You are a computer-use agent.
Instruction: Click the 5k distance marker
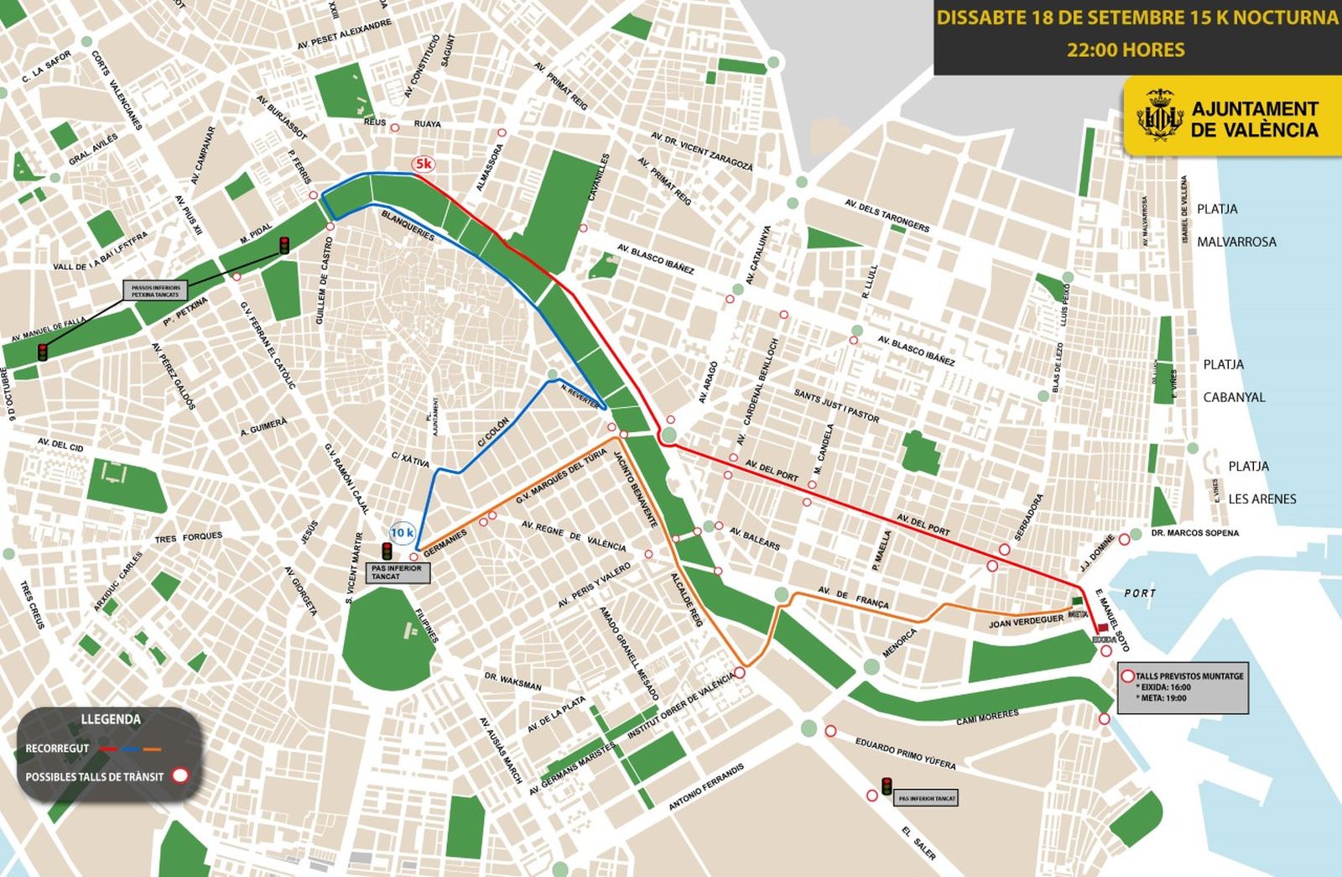click(422, 164)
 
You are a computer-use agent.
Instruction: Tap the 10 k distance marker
click(403, 532)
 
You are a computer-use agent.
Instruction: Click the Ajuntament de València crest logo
click(1160, 117)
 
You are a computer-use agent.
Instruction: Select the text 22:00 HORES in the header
click(1126, 50)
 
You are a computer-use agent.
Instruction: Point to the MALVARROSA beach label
click(1236, 242)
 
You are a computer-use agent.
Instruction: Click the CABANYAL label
click(1234, 397)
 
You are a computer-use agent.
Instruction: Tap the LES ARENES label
click(1261, 499)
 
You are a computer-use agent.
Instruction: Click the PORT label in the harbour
click(1140, 593)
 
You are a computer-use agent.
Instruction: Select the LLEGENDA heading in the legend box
click(111, 719)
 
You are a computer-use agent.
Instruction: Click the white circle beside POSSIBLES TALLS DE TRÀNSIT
click(179, 775)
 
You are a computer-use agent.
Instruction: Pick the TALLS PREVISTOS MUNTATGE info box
click(1183, 687)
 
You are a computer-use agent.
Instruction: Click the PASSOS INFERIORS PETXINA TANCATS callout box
click(155, 291)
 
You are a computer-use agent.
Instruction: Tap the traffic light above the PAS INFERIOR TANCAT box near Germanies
click(387, 551)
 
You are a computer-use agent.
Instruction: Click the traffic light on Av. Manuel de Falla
click(42, 352)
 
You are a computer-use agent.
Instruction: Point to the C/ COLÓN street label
click(493, 431)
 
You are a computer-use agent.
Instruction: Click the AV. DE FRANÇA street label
click(853, 598)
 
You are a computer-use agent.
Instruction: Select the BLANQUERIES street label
click(408, 225)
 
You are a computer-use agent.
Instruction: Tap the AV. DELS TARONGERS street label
click(887, 215)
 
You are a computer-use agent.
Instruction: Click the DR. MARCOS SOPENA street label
click(1194, 533)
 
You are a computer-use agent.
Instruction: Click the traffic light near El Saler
click(887, 786)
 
